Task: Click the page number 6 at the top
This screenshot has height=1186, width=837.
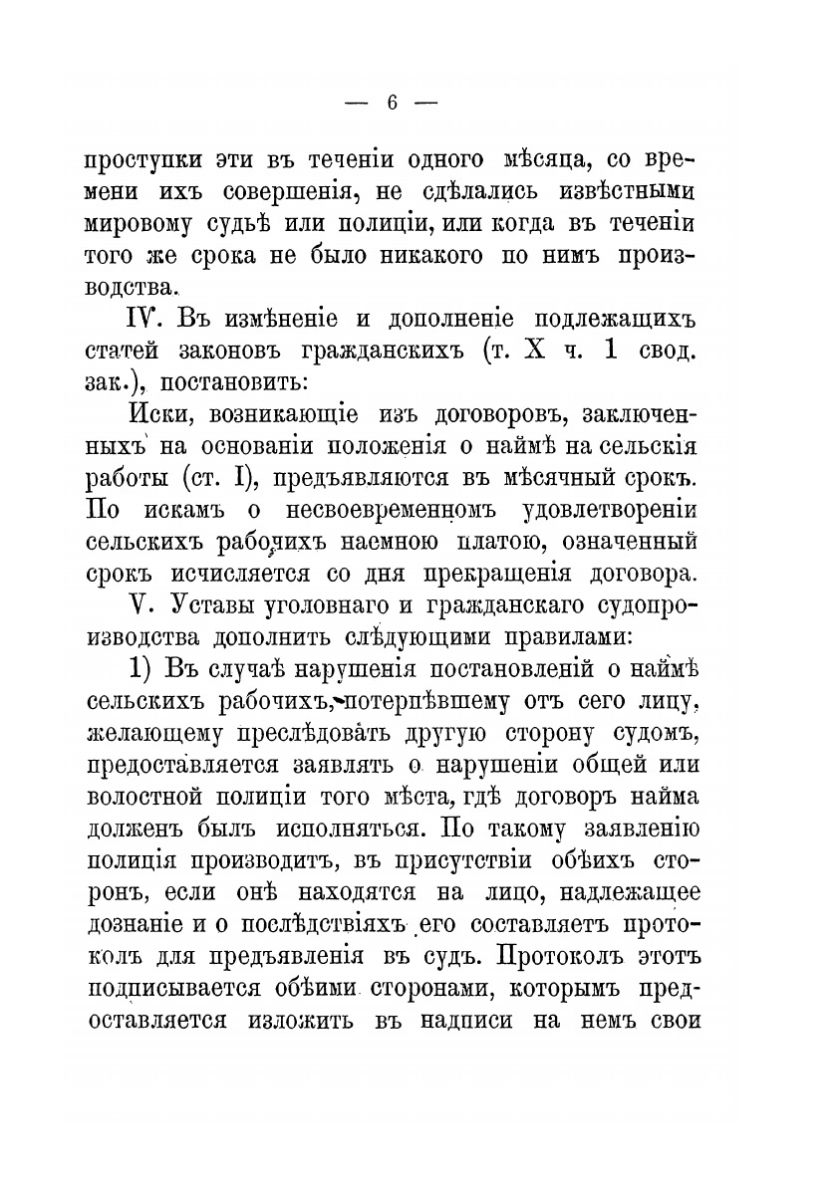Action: point(391,103)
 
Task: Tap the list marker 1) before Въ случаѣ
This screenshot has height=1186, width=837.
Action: point(142,668)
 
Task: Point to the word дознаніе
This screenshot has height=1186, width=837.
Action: point(135,891)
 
